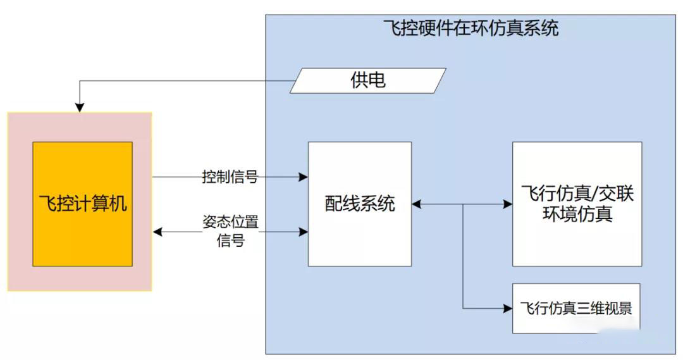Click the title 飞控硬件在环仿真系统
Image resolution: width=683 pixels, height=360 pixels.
coord(471,28)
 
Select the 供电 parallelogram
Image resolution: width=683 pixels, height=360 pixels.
coord(368,80)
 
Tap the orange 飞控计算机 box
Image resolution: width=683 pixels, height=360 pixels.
coord(82,203)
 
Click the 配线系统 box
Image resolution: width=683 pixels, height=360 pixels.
coord(359,204)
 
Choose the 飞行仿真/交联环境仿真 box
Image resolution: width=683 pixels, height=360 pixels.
coord(576,203)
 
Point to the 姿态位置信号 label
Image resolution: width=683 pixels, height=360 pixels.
coord(230,232)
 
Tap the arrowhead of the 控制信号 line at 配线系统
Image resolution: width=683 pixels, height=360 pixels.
coord(304,177)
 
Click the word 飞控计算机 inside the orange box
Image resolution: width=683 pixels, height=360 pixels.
coord(82,204)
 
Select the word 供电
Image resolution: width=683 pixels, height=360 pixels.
coord(368,80)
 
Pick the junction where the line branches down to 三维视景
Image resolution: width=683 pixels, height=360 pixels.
coord(463,204)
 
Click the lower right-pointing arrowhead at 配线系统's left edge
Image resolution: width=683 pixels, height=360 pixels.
coord(304,232)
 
